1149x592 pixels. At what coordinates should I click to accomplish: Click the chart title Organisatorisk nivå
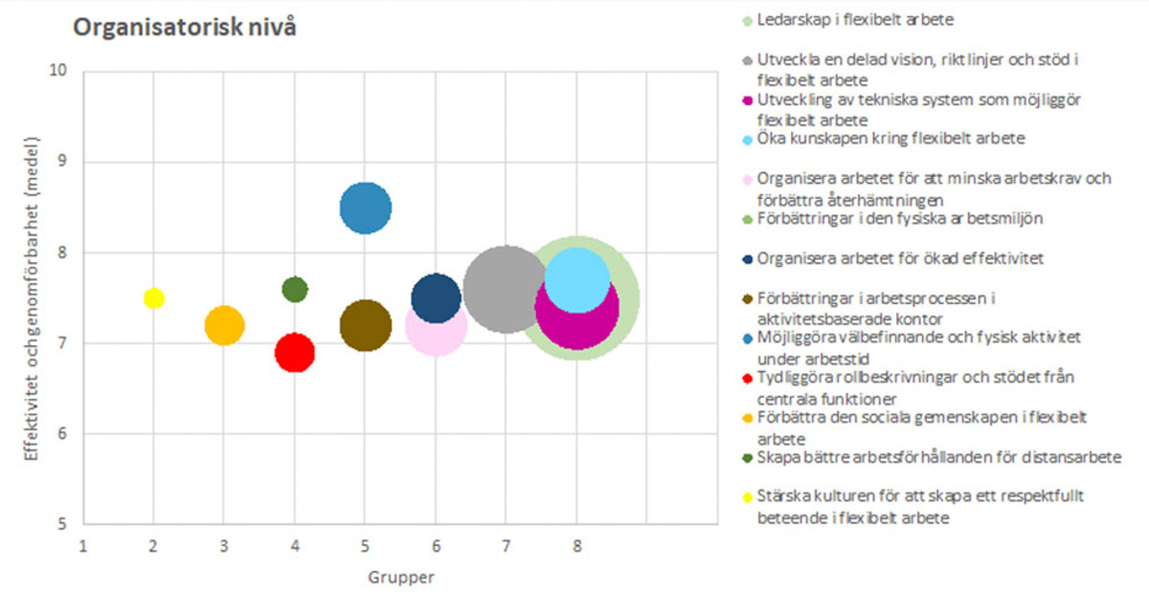point(185,28)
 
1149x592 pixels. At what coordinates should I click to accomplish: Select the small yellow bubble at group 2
point(153,297)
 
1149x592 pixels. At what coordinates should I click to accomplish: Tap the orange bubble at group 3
point(224,325)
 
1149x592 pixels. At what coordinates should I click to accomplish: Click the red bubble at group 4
point(295,353)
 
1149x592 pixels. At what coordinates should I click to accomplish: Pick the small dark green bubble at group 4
point(295,288)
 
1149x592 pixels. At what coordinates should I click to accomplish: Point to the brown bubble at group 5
point(366,325)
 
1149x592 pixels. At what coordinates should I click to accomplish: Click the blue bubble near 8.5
point(366,207)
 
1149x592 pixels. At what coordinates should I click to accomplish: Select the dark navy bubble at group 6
point(436,297)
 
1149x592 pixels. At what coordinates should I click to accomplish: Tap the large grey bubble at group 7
point(506,288)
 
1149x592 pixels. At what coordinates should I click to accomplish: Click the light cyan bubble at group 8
point(576,278)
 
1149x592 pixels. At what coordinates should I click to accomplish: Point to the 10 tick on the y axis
point(62,71)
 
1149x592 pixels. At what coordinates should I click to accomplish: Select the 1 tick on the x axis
point(83,546)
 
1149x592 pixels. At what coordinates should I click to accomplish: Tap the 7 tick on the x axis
point(506,546)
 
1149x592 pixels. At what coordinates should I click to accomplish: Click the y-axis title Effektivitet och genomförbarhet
point(32,297)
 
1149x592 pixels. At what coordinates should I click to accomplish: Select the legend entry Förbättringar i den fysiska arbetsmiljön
point(899,219)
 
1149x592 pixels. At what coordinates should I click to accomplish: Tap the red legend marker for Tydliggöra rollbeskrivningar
point(748,378)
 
